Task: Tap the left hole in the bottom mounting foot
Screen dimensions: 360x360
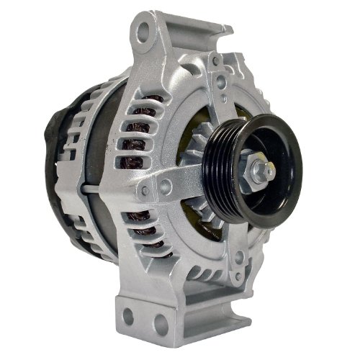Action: click(x=129, y=315)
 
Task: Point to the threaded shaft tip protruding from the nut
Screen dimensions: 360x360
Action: click(x=270, y=171)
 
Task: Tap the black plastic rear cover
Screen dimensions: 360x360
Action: click(x=54, y=166)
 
